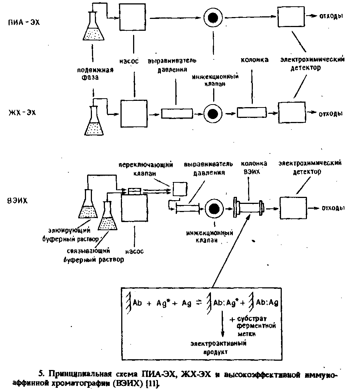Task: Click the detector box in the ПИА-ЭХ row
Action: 291,17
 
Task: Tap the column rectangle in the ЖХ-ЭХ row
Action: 251,112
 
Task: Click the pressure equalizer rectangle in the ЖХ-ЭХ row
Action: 176,113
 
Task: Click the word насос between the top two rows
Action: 129,61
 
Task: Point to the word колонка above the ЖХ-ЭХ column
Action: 255,59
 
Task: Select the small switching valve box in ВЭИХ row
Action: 180,189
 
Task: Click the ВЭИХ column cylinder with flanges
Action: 248,209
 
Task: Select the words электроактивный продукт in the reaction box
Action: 219,347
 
